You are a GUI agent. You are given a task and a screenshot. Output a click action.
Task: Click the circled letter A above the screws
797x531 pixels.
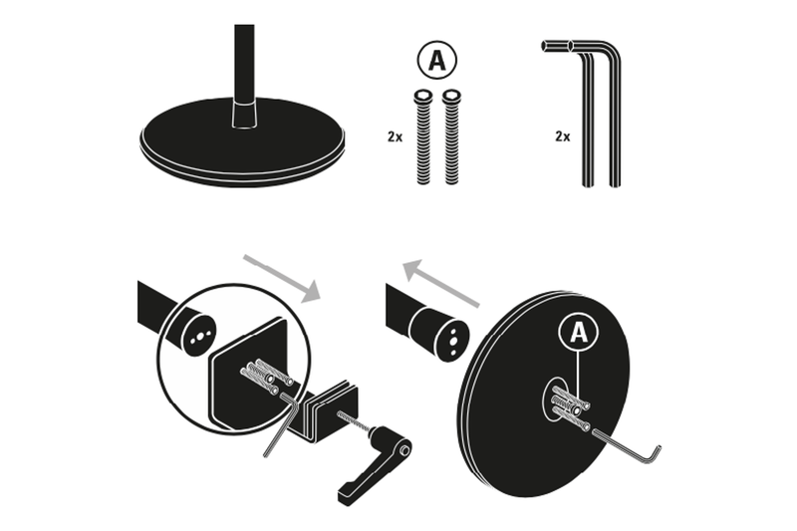pyautogui.click(x=436, y=60)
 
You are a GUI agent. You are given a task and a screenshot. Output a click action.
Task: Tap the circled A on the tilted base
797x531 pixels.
pyautogui.click(x=578, y=332)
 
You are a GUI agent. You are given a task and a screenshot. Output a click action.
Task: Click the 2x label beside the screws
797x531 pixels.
pyautogui.click(x=395, y=136)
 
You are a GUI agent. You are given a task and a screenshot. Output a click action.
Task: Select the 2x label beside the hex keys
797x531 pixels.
pyautogui.click(x=562, y=136)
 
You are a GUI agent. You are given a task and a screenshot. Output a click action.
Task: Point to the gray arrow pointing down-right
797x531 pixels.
pyautogui.click(x=283, y=276)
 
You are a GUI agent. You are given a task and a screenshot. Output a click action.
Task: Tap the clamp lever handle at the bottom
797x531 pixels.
pyautogui.click(x=375, y=469)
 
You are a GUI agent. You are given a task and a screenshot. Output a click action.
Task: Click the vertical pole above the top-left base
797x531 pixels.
pyautogui.click(x=244, y=60)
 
